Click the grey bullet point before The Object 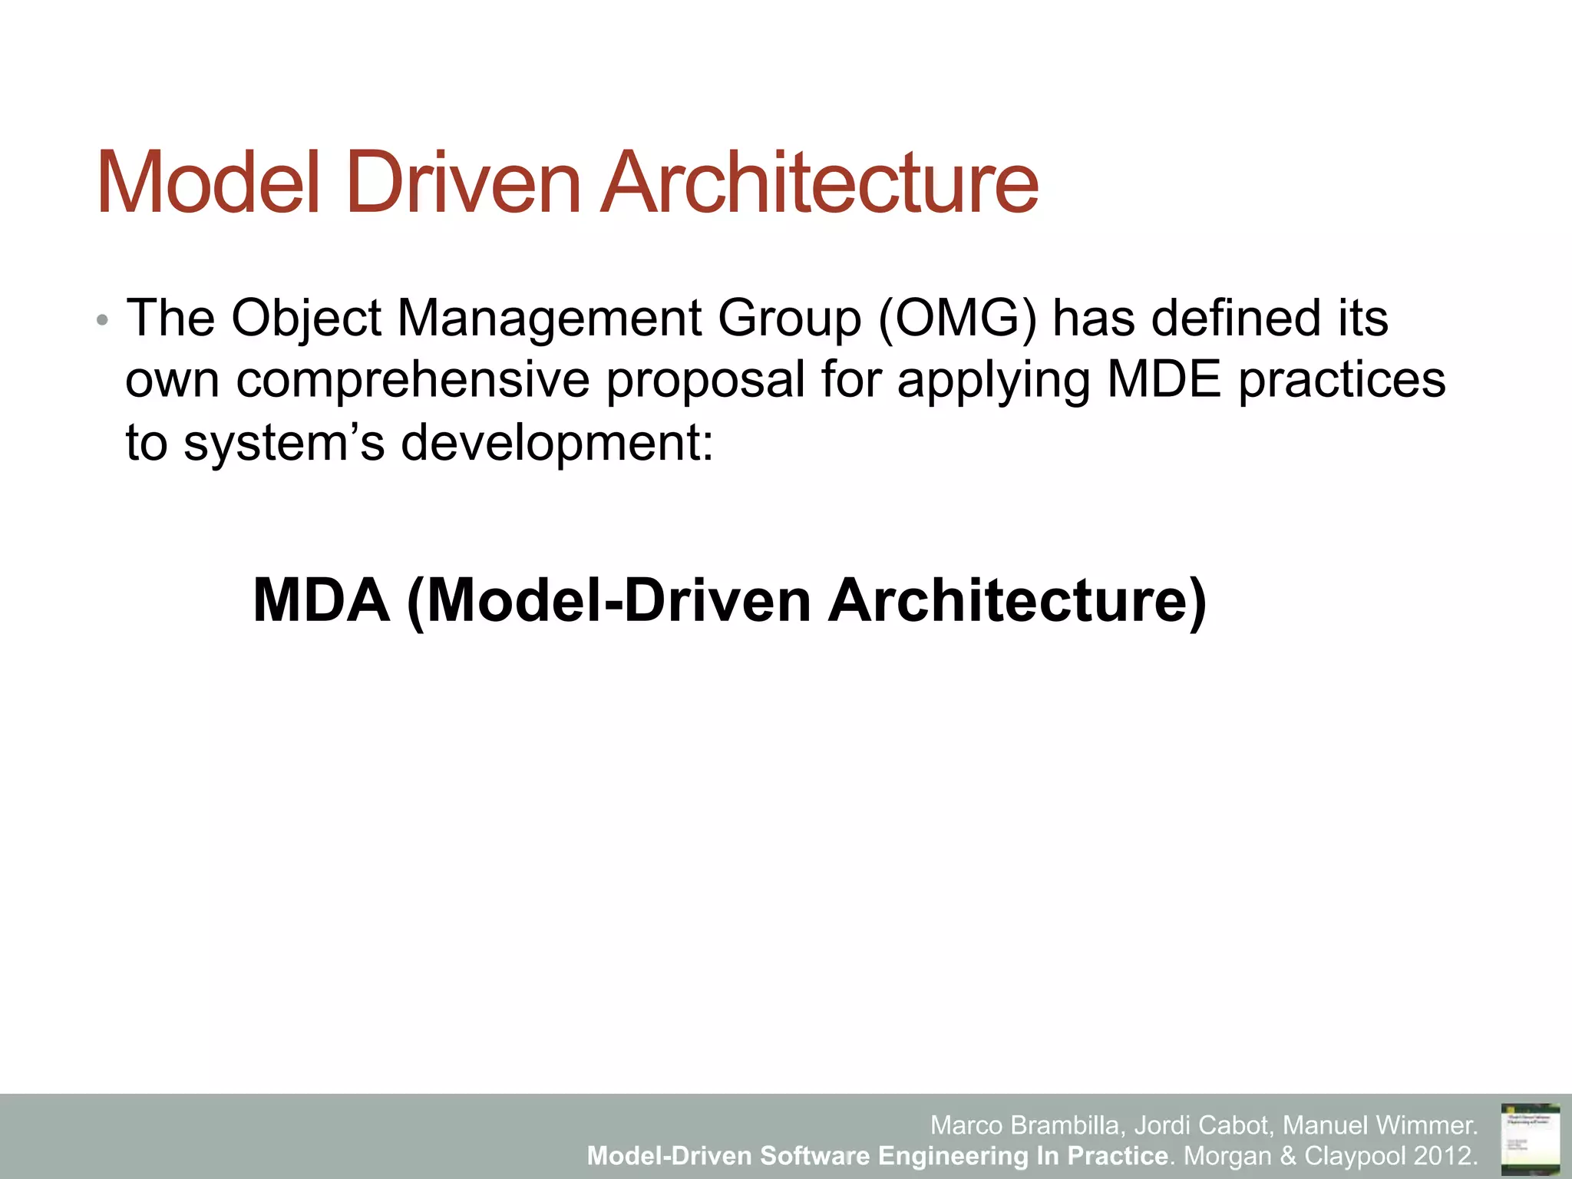pos(102,320)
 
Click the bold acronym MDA pos(321,600)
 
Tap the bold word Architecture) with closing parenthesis pos(1016,600)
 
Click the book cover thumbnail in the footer pos(1529,1135)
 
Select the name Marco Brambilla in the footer pos(1027,1125)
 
